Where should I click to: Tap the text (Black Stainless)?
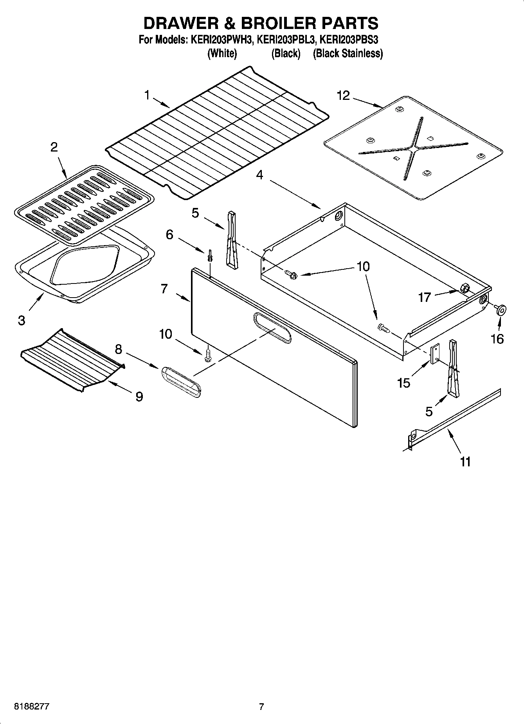click(348, 54)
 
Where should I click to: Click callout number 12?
click(343, 96)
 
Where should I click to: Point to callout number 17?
click(425, 298)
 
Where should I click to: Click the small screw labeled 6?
click(210, 255)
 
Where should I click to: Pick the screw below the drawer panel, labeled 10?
click(208, 356)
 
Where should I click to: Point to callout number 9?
click(139, 397)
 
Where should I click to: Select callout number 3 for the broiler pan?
click(22, 320)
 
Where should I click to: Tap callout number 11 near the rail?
click(465, 462)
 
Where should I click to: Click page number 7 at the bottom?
click(261, 707)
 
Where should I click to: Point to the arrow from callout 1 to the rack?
click(160, 103)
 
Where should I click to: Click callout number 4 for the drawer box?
click(259, 175)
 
